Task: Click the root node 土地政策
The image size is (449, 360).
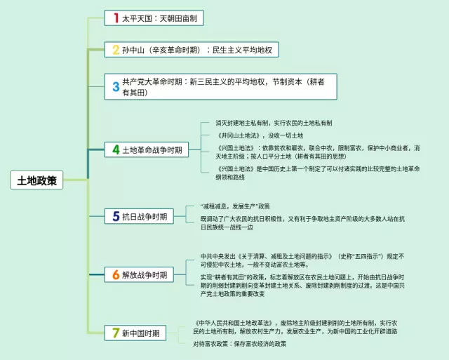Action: [37, 180]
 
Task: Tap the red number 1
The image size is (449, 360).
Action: [116, 18]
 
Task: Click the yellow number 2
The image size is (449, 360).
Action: [116, 50]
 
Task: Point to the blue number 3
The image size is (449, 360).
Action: [116, 87]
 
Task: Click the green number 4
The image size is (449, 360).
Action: [116, 149]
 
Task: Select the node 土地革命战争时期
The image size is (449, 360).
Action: [152, 149]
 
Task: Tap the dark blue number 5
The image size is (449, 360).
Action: [116, 216]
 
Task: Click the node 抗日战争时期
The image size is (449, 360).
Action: [145, 216]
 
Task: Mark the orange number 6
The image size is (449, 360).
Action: [116, 274]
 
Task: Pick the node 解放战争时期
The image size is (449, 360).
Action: [145, 274]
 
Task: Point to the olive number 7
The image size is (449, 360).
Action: [116, 333]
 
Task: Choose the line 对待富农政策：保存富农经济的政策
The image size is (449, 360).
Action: [240, 344]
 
